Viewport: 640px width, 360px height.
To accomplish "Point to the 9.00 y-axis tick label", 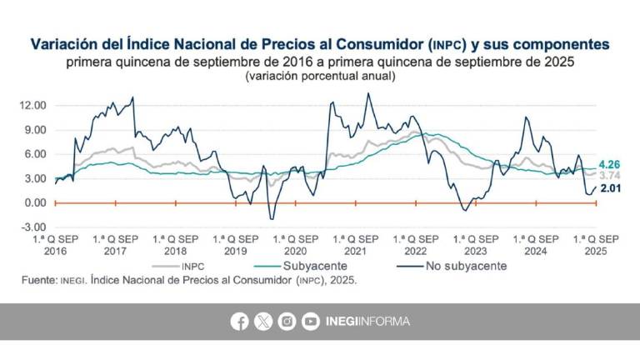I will [x=34, y=130].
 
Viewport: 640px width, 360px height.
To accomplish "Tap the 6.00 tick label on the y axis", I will [x=34, y=154].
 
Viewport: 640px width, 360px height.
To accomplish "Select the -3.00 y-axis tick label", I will [x=33, y=227].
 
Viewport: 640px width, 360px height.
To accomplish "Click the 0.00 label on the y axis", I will [x=34, y=202].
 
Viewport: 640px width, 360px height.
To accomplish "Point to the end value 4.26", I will [x=611, y=164].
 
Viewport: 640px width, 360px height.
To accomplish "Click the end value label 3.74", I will [x=611, y=176].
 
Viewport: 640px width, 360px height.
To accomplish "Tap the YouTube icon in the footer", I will [x=311, y=322].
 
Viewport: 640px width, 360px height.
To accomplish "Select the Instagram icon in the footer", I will [x=287, y=322].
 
